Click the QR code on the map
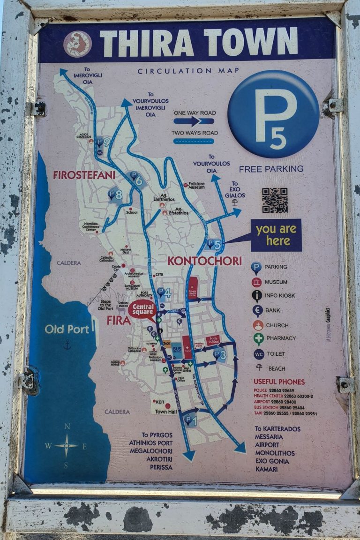click(275, 200)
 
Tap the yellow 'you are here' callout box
click(276, 235)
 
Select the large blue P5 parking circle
click(273, 114)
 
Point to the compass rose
click(66, 445)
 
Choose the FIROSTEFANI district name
click(84, 175)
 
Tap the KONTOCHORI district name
click(205, 261)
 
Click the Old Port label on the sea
click(67, 329)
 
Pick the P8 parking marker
click(115, 194)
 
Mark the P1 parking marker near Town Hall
click(189, 419)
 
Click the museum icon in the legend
click(256, 282)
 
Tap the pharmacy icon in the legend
click(258, 338)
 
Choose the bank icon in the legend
click(257, 310)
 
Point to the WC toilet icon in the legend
click(259, 354)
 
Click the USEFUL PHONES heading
click(279, 382)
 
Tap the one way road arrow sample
click(194, 121)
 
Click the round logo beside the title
click(77, 44)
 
